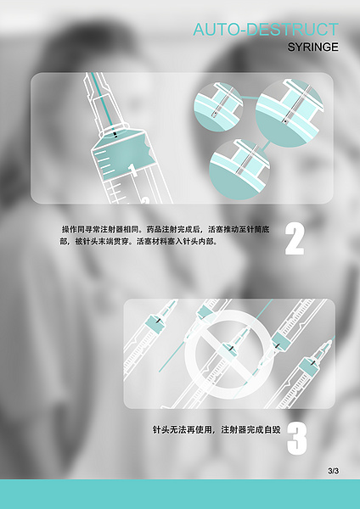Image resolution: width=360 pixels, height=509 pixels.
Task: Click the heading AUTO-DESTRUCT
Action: (x=265, y=31)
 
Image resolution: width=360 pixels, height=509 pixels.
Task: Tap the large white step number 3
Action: (x=296, y=439)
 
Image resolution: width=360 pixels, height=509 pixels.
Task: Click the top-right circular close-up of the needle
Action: (x=289, y=108)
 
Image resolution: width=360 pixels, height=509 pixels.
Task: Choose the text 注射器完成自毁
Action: (x=250, y=430)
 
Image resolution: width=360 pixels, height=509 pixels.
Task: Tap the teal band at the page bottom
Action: (x=180, y=494)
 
